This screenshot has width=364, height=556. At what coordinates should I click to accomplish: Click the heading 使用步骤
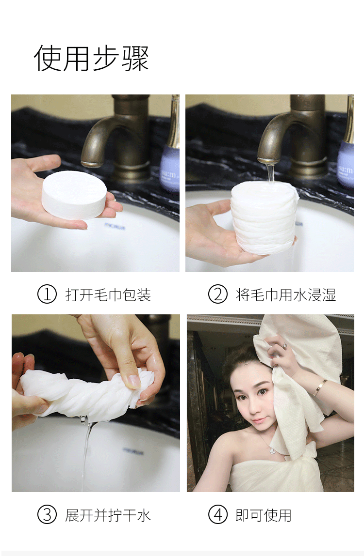(x=91, y=58)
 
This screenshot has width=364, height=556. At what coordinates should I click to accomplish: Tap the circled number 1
(x=47, y=294)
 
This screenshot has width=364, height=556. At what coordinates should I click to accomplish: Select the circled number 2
(x=217, y=294)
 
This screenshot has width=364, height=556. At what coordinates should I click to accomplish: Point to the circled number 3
(x=47, y=514)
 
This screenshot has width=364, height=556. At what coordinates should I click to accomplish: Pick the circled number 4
(x=217, y=514)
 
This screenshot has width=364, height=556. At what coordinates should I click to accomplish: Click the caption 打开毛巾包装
(x=108, y=294)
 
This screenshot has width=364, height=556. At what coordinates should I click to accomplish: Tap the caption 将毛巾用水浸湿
(x=286, y=294)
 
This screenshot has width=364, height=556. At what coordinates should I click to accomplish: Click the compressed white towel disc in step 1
(x=74, y=195)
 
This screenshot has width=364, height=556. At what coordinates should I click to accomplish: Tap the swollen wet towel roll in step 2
(x=264, y=216)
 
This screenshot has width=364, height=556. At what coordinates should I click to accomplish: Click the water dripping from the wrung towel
(x=86, y=454)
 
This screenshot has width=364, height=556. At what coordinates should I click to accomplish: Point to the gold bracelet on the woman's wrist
(x=320, y=387)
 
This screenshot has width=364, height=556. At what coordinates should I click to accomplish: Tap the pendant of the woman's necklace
(x=272, y=451)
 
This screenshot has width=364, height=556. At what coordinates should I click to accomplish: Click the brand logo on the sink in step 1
(x=115, y=225)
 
